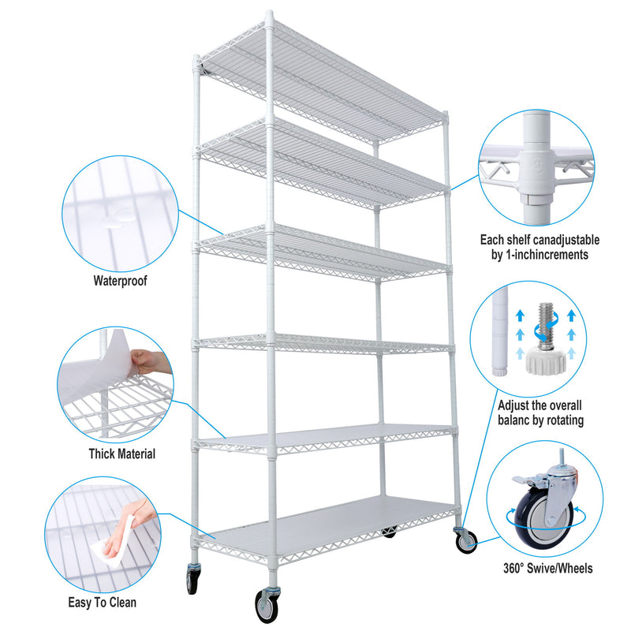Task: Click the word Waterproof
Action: (120, 280)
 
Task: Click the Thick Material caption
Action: (121, 454)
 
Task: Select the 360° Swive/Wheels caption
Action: (547, 568)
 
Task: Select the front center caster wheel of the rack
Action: (264, 606)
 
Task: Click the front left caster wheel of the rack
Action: (192, 580)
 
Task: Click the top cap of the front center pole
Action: (270, 15)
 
